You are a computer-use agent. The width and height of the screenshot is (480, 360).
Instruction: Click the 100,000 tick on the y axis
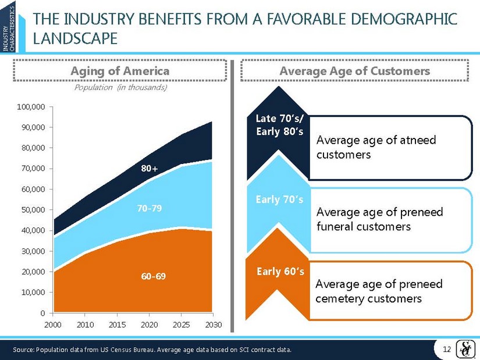pos(32,107)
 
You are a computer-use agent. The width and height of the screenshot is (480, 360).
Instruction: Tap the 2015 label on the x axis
pos(118,325)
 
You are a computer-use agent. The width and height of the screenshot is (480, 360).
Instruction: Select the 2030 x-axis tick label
pos(214,325)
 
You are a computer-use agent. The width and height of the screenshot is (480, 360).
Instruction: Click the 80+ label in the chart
pos(150,168)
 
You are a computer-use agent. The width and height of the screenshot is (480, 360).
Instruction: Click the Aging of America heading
pos(120,71)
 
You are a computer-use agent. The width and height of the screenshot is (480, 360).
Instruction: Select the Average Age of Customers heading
pos(355,71)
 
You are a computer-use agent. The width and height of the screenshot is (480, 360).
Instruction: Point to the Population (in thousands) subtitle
pos(120,88)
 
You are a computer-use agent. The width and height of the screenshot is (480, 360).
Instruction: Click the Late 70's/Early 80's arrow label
pos(279,125)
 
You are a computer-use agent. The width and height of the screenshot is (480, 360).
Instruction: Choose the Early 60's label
pos(280,271)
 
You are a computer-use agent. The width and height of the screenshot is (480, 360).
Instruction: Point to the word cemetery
pos(339,298)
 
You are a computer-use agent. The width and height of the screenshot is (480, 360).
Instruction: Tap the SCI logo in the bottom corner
pos(466,348)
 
